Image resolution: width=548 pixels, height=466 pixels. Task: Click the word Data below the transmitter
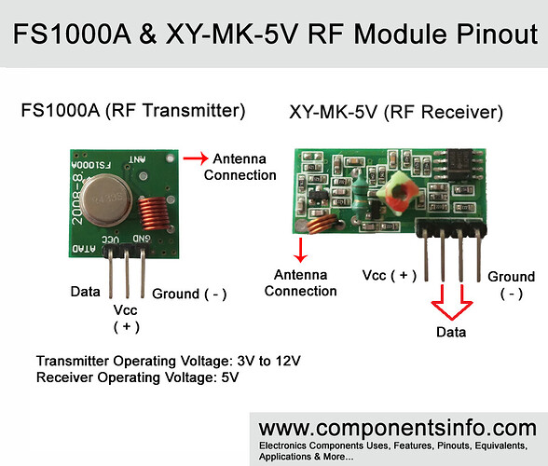pyautogui.click(x=85, y=292)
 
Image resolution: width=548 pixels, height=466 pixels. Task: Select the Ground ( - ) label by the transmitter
pyautogui.click(x=189, y=294)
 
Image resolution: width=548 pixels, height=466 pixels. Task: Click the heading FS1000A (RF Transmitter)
pyautogui.click(x=133, y=111)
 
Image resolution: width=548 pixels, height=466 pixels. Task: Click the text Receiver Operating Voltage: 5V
pyautogui.click(x=137, y=377)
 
